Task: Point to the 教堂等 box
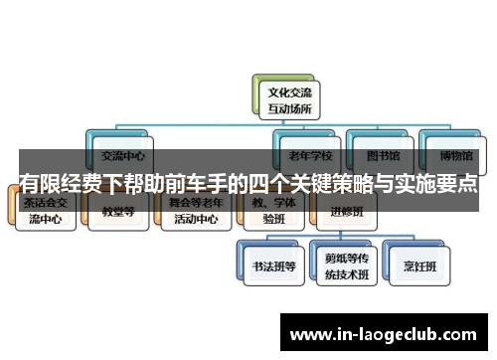[120, 212]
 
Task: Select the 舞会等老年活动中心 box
[194, 212]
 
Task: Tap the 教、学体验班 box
[269, 212]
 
